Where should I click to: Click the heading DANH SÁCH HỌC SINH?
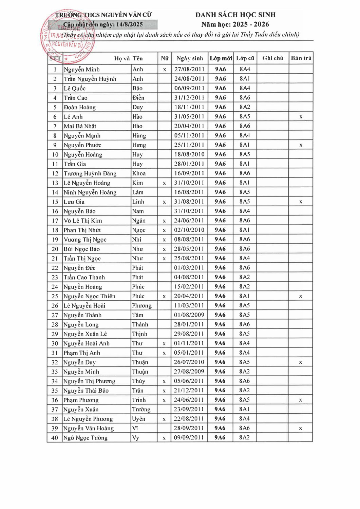coord(235,15)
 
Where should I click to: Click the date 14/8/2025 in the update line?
coord(130,24)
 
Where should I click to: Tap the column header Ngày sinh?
coord(190,58)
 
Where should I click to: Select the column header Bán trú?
coord(301,58)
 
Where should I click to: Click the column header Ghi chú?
coord(272,58)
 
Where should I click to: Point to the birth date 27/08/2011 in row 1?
coord(189,69)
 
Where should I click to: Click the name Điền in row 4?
coord(138,98)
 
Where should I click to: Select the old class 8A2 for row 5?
coord(245,107)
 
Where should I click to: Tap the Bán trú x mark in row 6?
coord(301,117)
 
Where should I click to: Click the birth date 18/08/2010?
coord(189,154)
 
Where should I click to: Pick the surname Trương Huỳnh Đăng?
coord(90,173)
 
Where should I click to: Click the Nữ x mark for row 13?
coord(164,183)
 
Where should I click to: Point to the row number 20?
coord(55,249)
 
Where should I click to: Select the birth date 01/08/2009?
coord(189,315)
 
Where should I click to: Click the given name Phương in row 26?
coord(142,305)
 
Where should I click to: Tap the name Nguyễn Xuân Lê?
coord(85,334)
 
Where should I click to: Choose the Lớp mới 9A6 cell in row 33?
coord(220,372)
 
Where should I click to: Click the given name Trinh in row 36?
coord(139,400)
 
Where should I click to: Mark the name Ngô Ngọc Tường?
coord(86,438)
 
